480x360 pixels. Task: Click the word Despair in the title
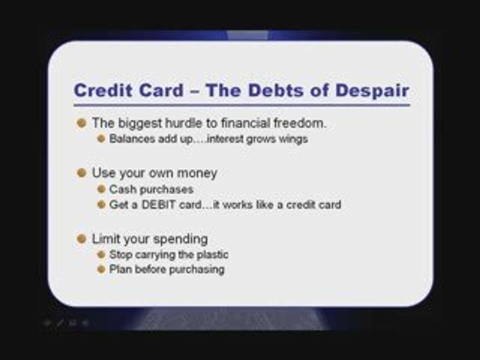(372, 91)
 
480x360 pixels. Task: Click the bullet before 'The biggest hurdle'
(81, 123)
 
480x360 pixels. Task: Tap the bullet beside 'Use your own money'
(81, 172)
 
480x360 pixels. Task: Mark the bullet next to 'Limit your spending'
(81, 239)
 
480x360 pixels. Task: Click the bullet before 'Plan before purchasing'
(101, 269)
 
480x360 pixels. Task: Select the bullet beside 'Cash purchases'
(101, 189)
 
